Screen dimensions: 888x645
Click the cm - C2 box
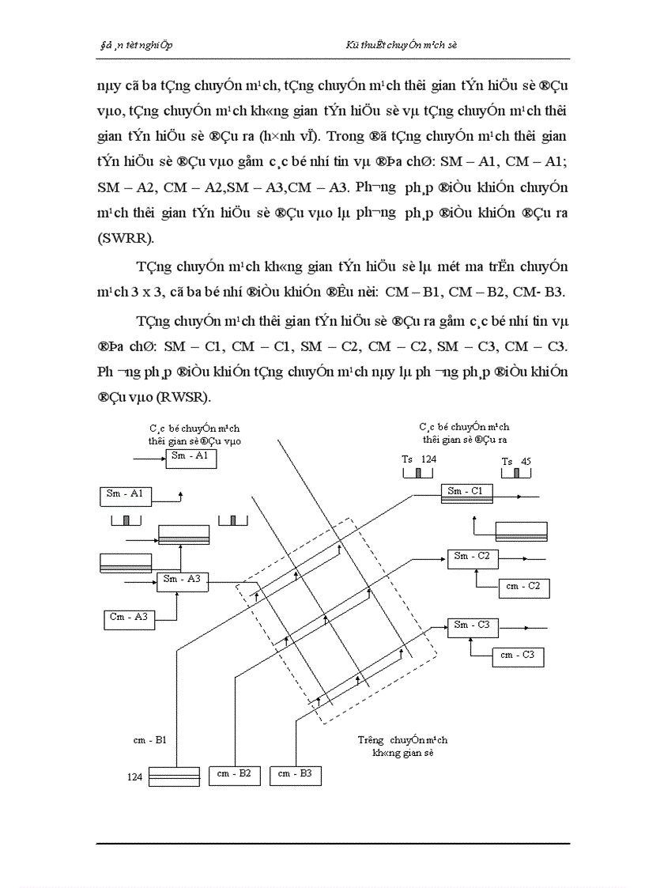coord(523,588)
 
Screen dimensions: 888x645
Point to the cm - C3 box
coord(519,656)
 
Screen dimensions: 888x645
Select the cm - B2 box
coord(234,775)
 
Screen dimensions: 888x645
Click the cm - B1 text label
coord(149,741)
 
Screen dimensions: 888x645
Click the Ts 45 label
coord(515,462)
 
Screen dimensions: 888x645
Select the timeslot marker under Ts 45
coord(516,473)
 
